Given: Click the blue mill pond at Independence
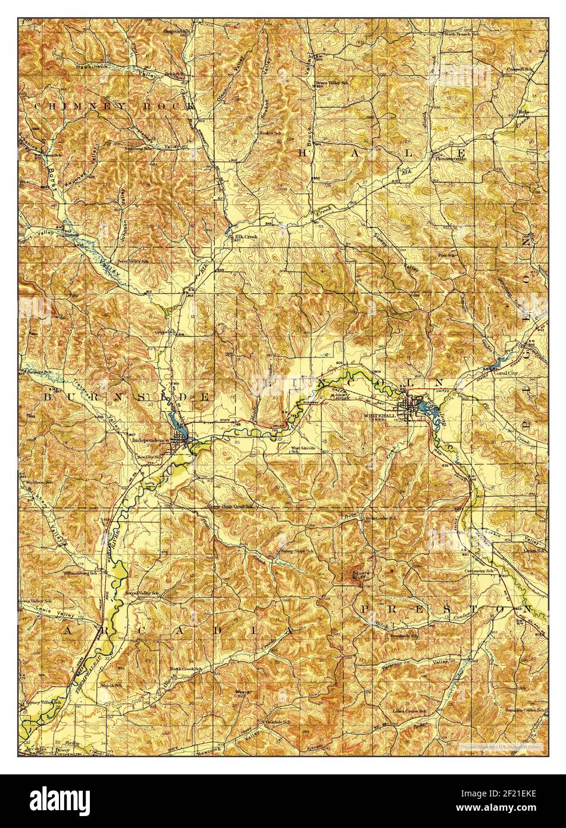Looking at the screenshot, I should pos(178,430).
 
